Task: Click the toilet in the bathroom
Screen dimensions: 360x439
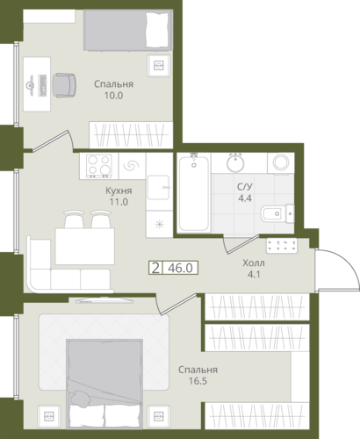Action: pyautogui.click(x=277, y=213)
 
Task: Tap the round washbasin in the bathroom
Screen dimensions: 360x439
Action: pyautogui.click(x=235, y=162)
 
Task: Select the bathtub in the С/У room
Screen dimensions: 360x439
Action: pyautogui.click(x=194, y=193)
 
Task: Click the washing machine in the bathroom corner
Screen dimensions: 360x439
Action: pyautogui.click(x=281, y=163)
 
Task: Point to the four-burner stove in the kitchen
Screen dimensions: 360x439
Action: pyautogui.click(x=99, y=166)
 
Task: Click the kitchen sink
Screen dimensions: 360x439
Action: pyautogui.click(x=158, y=188)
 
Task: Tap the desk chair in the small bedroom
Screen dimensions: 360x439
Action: pyautogui.click(x=64, y=85)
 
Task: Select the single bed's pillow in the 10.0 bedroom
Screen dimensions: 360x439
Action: pyautogui.click(x=158, y=30)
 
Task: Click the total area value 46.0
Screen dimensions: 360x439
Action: pyautogui.click(x=180, y=268)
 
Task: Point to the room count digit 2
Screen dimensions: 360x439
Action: pyautogui.click(x=155, y=268)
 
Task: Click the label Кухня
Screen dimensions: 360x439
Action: pyautogui.click(x=119, y=191)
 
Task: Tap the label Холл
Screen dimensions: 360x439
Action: pyautogui.click(x=254, y=263)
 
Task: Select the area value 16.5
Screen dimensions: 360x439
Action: pyautogui.click(x=198, y=381)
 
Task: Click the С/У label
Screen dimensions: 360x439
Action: pyautogui.click(x=245, y=186)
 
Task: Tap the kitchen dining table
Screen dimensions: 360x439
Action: pyautogui.click(x=85, y=247)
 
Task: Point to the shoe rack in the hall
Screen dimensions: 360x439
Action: pyautogui.click(x=282, y=246)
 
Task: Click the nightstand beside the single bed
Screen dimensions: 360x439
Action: pyautogui.click(x=159, y=66)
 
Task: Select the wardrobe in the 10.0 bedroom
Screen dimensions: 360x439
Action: pyautogui.click(x=131, y=134)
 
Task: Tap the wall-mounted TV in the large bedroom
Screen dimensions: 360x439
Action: pyautogui.click(x=104, y=300)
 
